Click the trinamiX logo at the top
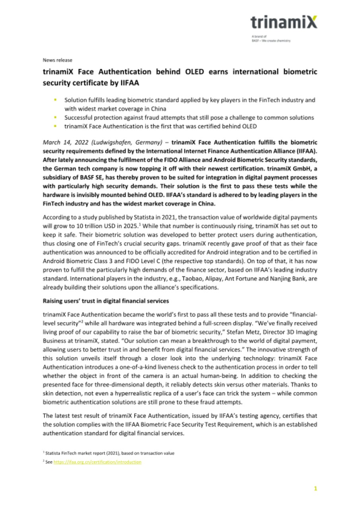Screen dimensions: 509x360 284,23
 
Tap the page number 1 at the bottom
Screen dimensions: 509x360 315,489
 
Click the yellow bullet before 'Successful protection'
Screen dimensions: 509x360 56,118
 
